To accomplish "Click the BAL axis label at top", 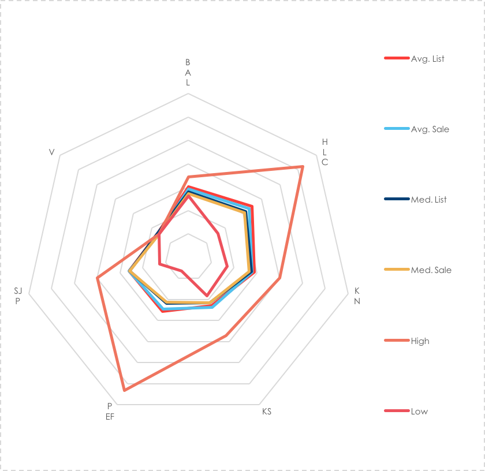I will [x=188, y=72].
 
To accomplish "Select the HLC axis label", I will [x=324, y=152].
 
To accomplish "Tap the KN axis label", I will [x=357, y=296].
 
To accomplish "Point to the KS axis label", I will [x=266, y=412].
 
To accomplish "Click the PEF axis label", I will [x=110, y=410].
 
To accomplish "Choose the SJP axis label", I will [x=18, y=296].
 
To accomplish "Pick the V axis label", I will [x=52, y=152].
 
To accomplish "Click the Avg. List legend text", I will [x=427, y=59].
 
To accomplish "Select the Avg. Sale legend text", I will [x=430, y=129].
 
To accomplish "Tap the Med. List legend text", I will [x=428, y=200].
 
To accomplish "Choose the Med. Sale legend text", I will [x=431, y=270].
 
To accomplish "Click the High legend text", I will [x=420, y=341].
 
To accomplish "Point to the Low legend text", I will [x=419, y=412].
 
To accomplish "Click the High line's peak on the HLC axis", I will [x=302, y=167].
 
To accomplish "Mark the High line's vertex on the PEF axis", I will [x=124, y=391].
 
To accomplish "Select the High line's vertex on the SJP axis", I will [x=98, y=278].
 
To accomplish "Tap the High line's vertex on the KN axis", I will [x=280, y=278].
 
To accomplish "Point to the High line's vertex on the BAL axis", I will [x=188, y=177].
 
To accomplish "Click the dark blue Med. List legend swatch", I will [x=396, y=200].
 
